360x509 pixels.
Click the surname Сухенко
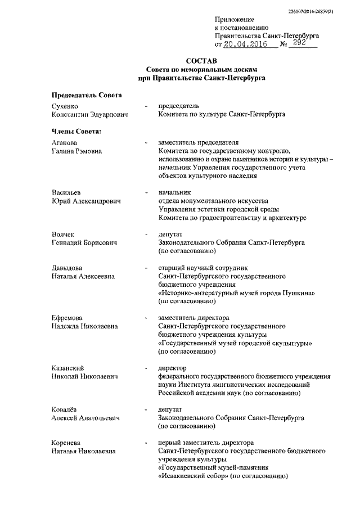[64, 106]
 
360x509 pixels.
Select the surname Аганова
[65, 143]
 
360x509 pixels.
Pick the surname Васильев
[66, 193]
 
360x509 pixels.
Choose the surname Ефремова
[67, 317]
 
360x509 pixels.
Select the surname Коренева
[67, 442]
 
